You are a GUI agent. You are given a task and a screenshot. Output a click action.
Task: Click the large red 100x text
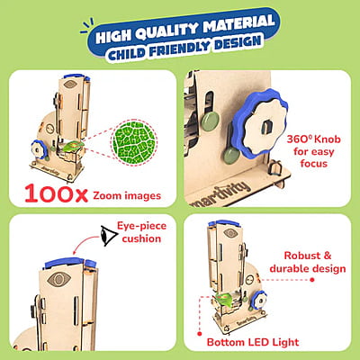point(57,193)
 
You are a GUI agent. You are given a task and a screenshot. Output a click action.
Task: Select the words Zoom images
point(127,196)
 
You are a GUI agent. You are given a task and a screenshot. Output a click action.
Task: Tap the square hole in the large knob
point(265,127)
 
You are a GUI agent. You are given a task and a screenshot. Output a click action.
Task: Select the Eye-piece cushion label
point(141,232)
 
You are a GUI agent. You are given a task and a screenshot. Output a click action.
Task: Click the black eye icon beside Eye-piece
point(109,236)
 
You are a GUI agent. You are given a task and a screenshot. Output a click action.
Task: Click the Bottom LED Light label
point(253,342)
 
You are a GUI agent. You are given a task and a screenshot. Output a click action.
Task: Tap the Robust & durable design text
point(308,262)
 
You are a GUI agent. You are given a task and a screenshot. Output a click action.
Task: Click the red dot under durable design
point(312,280)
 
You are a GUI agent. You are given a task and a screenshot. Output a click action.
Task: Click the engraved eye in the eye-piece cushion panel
point(58,279)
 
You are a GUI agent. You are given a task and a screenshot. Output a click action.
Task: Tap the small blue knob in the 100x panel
point(40,150)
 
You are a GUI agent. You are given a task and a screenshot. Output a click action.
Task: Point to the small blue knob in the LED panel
point(258,300)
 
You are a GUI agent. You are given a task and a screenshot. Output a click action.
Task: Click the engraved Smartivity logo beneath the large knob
point(220,194)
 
